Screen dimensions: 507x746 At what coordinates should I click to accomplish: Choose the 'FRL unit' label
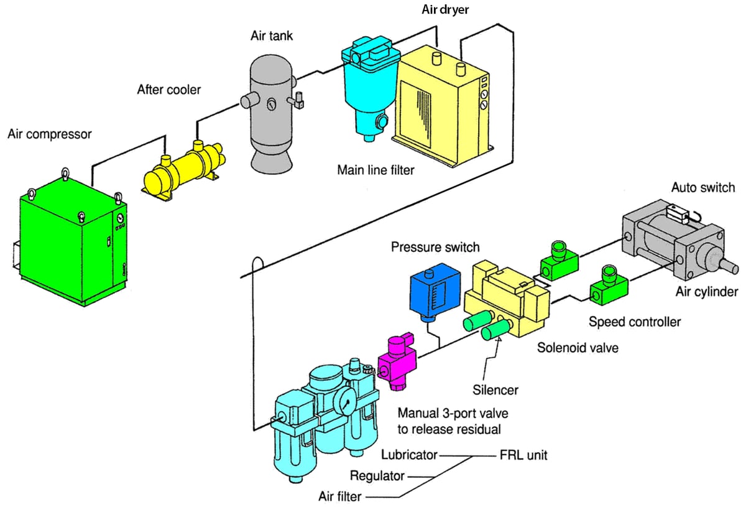(524, 455)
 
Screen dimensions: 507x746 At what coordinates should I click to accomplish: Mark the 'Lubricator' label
(410, 455)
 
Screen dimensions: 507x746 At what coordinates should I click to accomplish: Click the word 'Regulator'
(377, 476)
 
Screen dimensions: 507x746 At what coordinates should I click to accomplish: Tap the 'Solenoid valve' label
(578, 348)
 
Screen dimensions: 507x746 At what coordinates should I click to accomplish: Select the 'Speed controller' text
(634, 322)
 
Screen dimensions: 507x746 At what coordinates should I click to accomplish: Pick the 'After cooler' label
(169, 90)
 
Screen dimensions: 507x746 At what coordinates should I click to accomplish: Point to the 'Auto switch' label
(702, 187)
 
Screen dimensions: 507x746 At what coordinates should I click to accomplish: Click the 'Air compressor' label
(49, 134)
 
